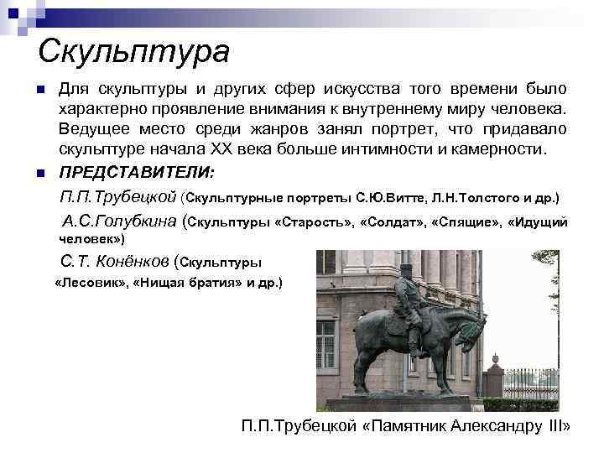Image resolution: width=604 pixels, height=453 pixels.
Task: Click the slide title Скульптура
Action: (133, 51)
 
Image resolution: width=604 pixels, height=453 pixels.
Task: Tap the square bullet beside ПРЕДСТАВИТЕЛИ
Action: (40, 173)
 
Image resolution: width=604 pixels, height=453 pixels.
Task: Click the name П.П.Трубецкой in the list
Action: (118, 198)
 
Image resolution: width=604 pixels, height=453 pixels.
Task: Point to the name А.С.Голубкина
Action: (120, 222)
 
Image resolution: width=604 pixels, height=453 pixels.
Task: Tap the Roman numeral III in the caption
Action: (556, 425)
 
